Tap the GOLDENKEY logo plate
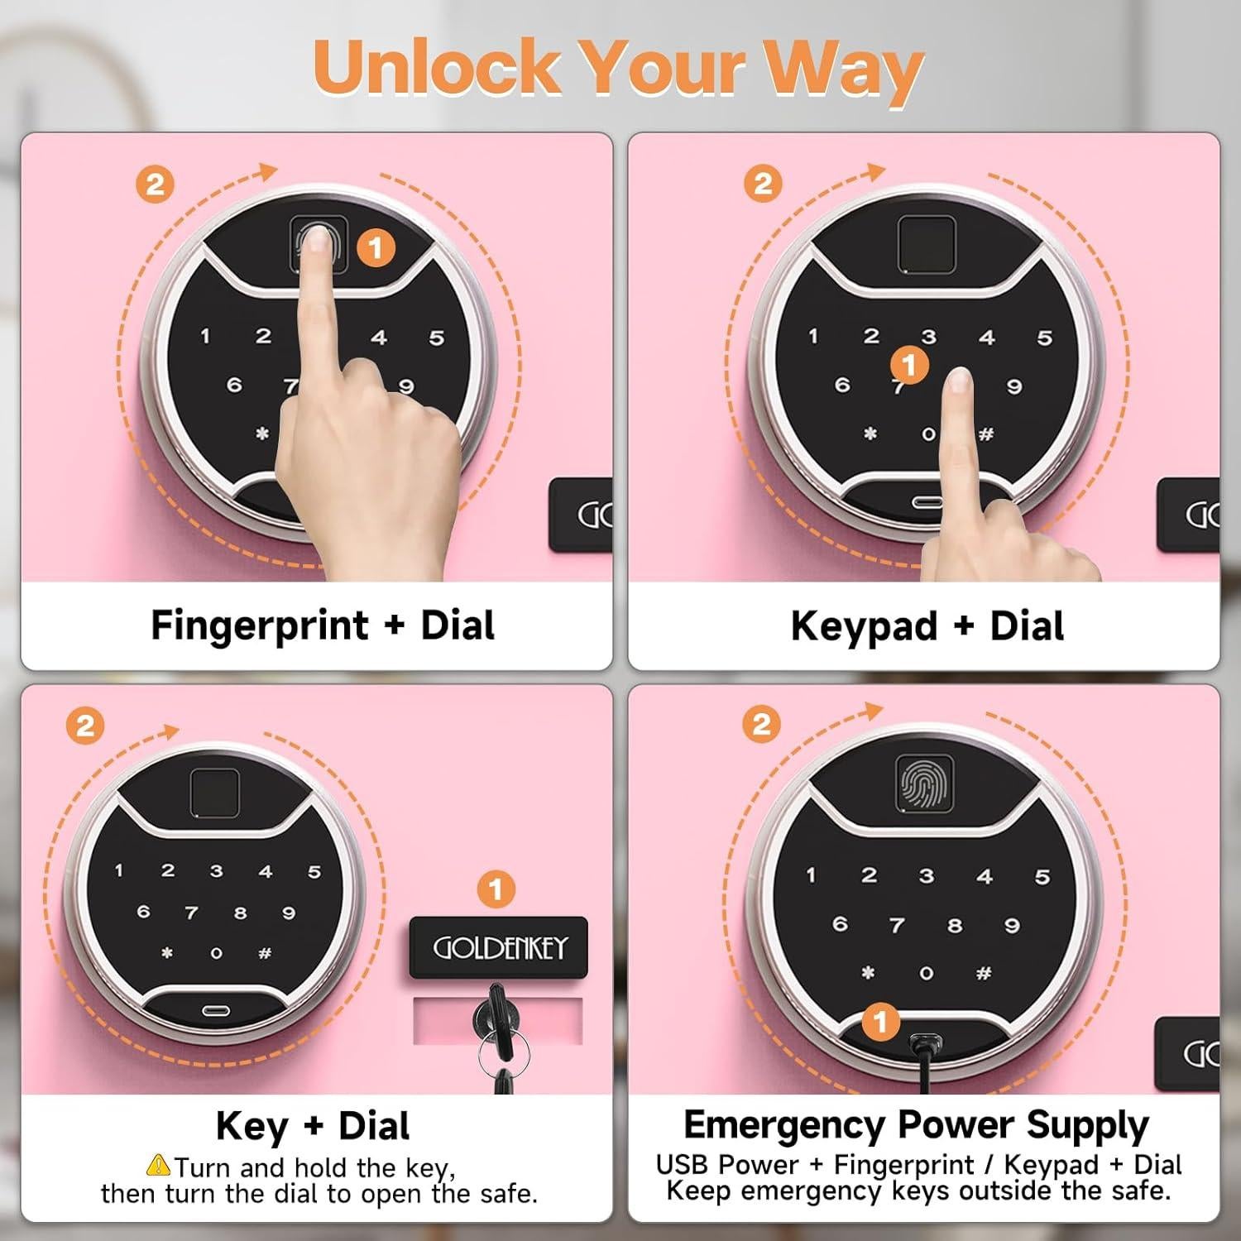pyautogui.click(x=500, y=947)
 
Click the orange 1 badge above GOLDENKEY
pyautogui.click(x=496, y=889)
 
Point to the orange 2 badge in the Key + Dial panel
pyautogui.click(x=84, y=726)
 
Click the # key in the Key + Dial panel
pyautogui.click(x=265, y=953)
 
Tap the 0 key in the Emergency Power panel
pyautogui.click(x=927, y=974)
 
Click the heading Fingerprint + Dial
pyautogui.click(x=323, y=625)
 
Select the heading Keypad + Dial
pyautogui.click(x=927, y=626)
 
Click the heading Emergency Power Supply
pyautogui.click(x=916, y=1124)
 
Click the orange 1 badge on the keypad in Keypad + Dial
pyautogui.click(x=909, y=364)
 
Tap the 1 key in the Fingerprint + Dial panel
pyautogui.click(x=205, y=336)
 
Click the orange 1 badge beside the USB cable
pyautogui.click(x=879, y=1021)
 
